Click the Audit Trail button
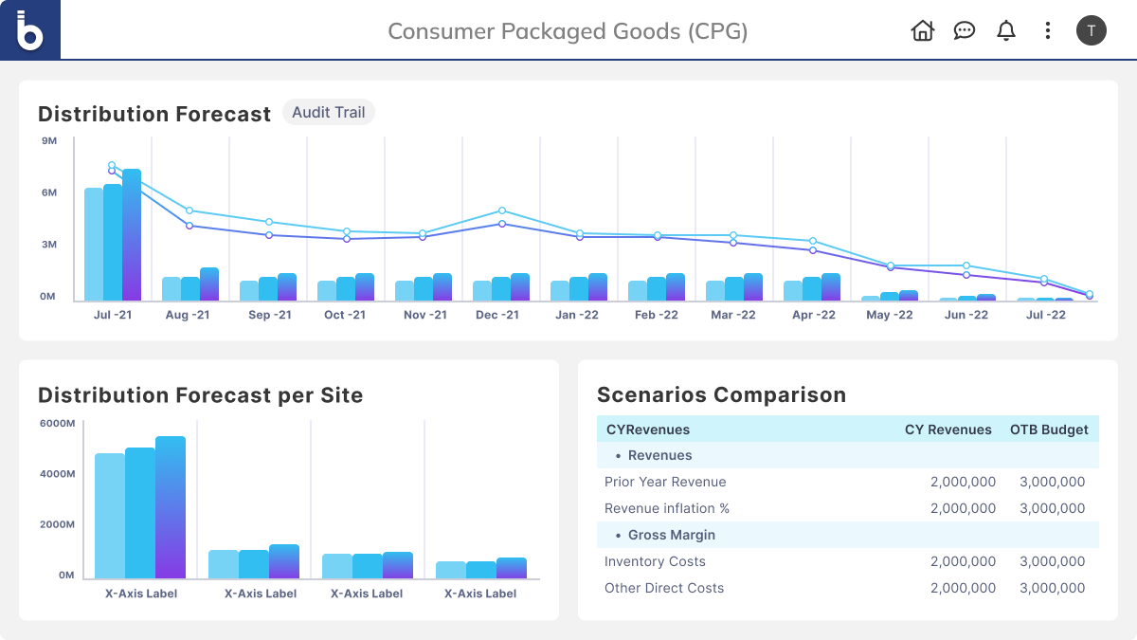pos(328,113)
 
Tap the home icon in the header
pos(922,30)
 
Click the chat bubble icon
pos(964,30)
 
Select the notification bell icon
pos(1005,30)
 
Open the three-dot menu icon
pos(1047,30)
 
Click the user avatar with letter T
pos(1091,30)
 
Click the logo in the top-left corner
pos(30,30)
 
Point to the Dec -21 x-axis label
pos(497,315)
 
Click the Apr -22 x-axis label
pos(814,315)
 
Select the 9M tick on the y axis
pos(49,141)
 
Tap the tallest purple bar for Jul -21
pos(132,235)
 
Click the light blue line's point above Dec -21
pos(502,210)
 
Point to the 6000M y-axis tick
pos(57,423)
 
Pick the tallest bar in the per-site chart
pos(171,507)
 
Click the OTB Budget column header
pos(1049,430)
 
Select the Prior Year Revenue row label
pos(665,482)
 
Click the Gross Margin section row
pos(672,535)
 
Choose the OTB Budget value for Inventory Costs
pos(1052,561)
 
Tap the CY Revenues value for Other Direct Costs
pos(963,588)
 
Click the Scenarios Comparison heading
pos(721,394)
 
